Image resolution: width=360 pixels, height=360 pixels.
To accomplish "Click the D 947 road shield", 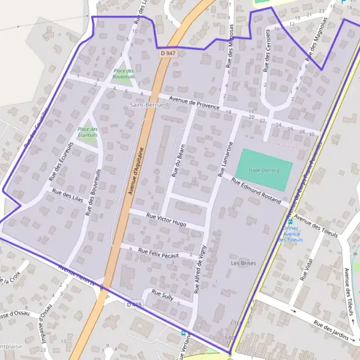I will coord(169,53).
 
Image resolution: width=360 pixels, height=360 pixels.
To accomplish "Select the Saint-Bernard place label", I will coord(149,104).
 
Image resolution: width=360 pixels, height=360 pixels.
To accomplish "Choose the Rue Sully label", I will coord(163,295).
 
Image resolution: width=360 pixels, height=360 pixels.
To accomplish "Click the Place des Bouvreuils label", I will coord(124,74).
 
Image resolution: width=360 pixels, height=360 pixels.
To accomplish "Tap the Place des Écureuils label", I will coord(88,131).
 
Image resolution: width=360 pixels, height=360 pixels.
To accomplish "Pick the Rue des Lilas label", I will coord(67,195).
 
